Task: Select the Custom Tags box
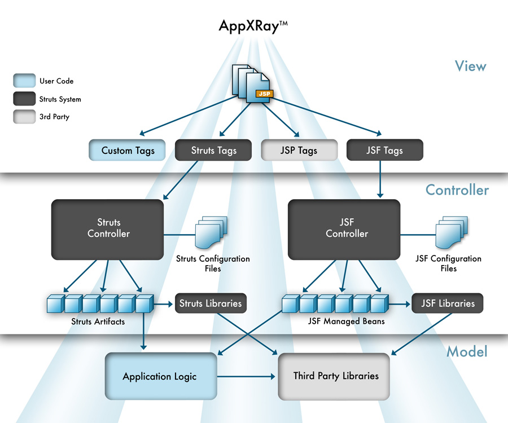(x=128, y=150)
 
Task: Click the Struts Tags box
(x=214, y=150)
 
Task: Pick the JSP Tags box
(x=299, y=150)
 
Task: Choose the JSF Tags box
(x=384, y=150)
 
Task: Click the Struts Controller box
(x=108, y=228)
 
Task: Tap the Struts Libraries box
(x=211, y=303)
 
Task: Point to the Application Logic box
(x=160, y=376)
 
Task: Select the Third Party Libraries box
(x=335, y=376)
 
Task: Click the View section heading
(x=470, y=66)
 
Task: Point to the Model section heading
(x=467, y=352)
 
